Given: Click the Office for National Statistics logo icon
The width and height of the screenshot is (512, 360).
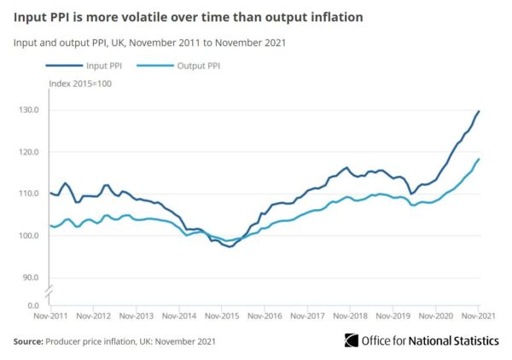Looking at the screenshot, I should tap(352, 340).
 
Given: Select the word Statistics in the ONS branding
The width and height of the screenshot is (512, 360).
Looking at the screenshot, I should tap(474, 340).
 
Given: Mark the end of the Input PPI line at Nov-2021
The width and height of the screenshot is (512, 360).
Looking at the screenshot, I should tap(479, 111).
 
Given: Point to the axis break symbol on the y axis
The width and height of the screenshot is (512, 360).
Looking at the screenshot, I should tap(49, 292).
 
